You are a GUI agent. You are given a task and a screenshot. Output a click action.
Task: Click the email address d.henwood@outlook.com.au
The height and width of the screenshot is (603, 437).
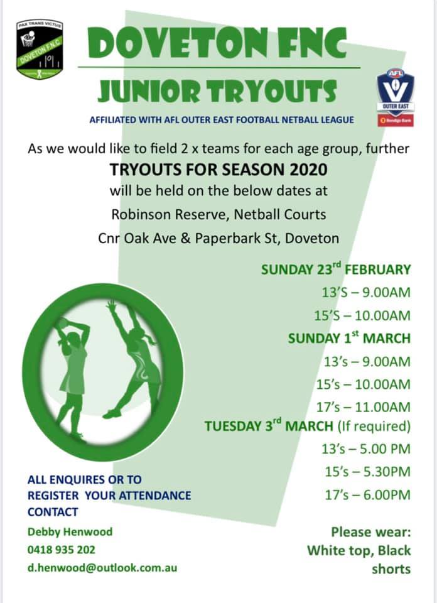pyautogui.click(x=102, y=568)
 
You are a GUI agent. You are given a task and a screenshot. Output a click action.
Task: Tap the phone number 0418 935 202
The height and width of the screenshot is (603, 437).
pyautogui.click(x=62, y=550)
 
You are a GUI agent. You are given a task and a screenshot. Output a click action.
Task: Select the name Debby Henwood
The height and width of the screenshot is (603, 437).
pyautogui.click(x=70, y=531)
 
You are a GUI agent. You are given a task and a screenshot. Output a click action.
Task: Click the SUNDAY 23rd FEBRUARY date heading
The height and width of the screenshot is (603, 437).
pyautogui.click(x=336, y=269)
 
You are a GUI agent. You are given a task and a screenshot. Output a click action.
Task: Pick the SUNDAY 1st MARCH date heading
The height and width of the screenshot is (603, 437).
pyautogui.click(x=349, y=338)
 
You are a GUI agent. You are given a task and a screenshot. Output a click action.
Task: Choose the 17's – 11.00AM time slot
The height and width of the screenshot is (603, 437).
pyautogui.click(x=367, y=406)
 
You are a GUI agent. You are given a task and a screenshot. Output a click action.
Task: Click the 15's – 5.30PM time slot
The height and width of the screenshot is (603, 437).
pyautogui.click(x=367, y=472)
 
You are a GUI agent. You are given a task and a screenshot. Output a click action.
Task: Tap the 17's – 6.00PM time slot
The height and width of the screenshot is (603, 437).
pyautogui.click(x=367, y=495)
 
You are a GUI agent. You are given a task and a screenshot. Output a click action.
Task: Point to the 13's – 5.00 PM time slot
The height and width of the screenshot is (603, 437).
pyautogui.click(x=367, y=448)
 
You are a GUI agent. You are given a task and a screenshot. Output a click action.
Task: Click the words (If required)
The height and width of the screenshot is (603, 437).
pyautogui.click(x=374, y=426)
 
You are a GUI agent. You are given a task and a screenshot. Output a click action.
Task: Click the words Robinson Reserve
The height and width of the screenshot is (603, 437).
pyautogui.click(x=169, y=214)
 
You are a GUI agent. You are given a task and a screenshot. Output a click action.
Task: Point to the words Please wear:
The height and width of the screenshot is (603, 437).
pyautogui.click(x=370, y=532)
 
